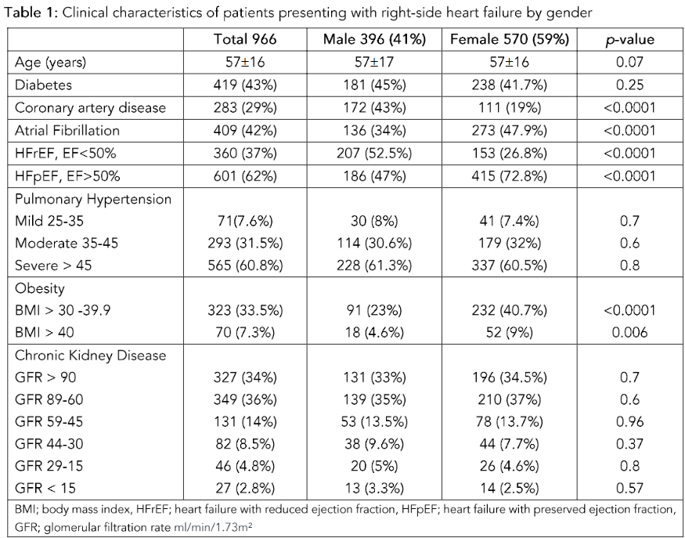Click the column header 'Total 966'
coord(245,39)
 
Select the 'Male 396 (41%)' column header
coord(371,39)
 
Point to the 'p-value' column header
coord(629,39)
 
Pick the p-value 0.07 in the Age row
coord(629,62)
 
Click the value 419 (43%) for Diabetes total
coord(245,85)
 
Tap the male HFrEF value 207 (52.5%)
coord(371,152)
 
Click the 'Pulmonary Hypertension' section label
coord(93,199)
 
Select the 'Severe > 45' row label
coord(53,265)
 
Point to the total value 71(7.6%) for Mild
coord(245,222)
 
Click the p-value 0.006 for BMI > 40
coord(629,333)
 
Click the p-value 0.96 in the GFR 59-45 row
coord(629,422)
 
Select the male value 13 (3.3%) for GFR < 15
coord(371,489)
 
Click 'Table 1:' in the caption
coord(30,13)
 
